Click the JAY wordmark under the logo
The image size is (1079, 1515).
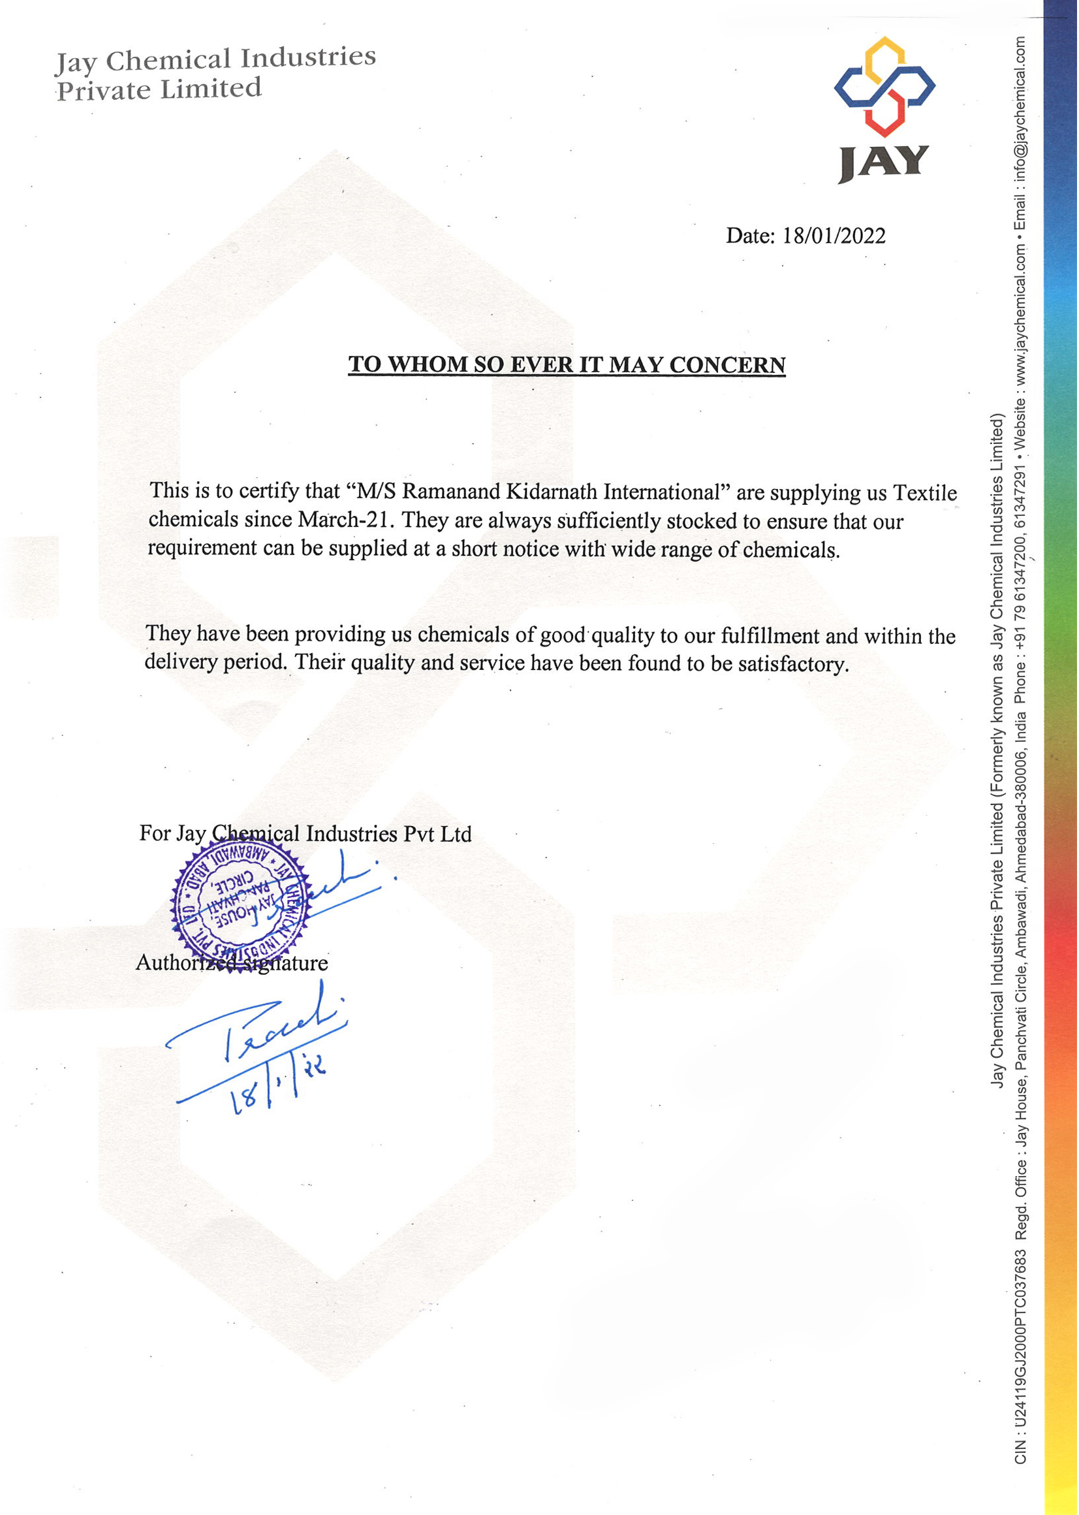[884, 163]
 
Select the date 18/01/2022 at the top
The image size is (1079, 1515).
[834, 236]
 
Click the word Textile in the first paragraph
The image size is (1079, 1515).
[925, 493]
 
